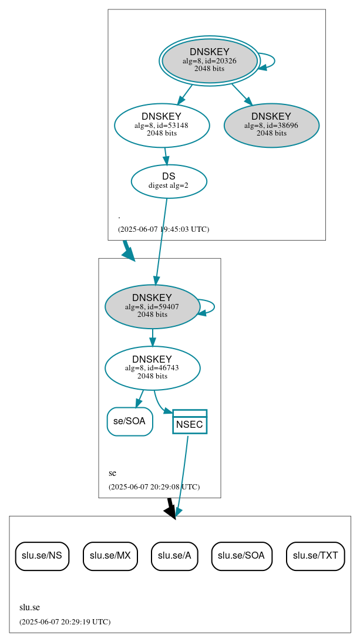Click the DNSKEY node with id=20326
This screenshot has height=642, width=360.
coord(209,60)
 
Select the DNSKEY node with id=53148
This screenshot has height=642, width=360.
coord(162,124)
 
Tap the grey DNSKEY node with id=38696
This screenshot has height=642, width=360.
coord(271,125)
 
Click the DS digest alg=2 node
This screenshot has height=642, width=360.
coord(169,181)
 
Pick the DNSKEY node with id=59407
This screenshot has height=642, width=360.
coord(152,306)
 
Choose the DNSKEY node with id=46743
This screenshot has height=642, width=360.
coord(152,368)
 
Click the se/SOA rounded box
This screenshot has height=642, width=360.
coord(130,421)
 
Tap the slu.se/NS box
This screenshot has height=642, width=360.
coord(42,556)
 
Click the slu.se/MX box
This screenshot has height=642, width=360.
coord(110,556)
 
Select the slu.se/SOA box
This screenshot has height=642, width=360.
coord(241,556)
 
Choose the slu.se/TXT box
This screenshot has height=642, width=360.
coord(315,556)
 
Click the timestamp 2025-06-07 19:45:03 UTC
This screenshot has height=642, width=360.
coord(163,229)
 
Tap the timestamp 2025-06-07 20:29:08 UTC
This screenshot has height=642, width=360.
coord(154,486)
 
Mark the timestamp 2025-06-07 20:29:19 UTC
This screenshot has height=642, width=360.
coord(65,621)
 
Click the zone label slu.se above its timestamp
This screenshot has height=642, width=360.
coord(29,607)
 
